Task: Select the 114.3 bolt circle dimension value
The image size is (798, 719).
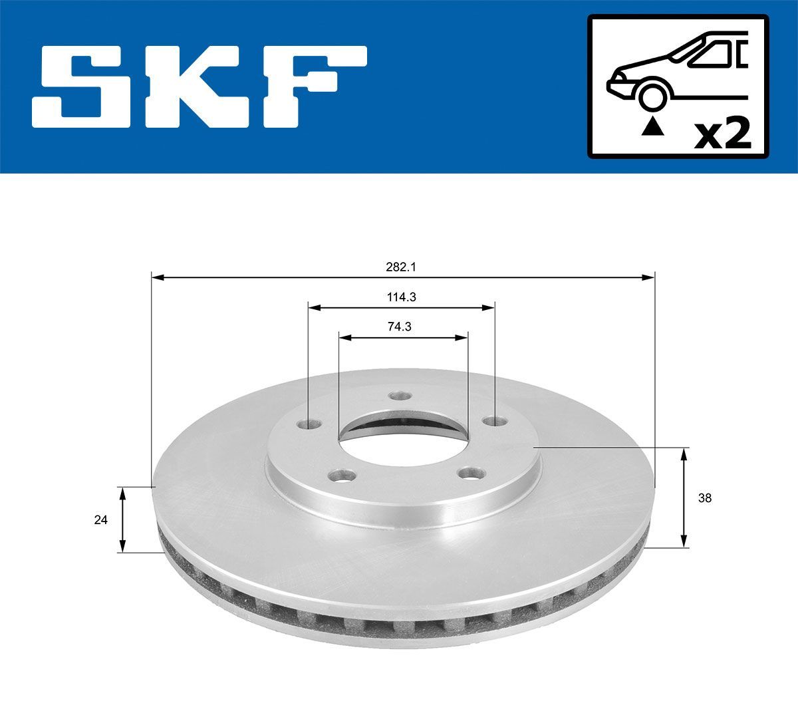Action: pyautogui.click(x=401, y=297)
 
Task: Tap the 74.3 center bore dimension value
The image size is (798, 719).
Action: pyautogui.click(x=401, y=327)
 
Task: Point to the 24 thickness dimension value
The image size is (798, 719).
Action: pyautogui.click(x=101, y=520)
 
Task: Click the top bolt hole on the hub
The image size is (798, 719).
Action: pyautogui.click(x=398, y=396)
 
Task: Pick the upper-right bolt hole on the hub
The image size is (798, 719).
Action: pyautogui.click(x=491, y=421)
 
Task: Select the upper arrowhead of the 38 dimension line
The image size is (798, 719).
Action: pyautogui.click(x=684, y=453)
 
